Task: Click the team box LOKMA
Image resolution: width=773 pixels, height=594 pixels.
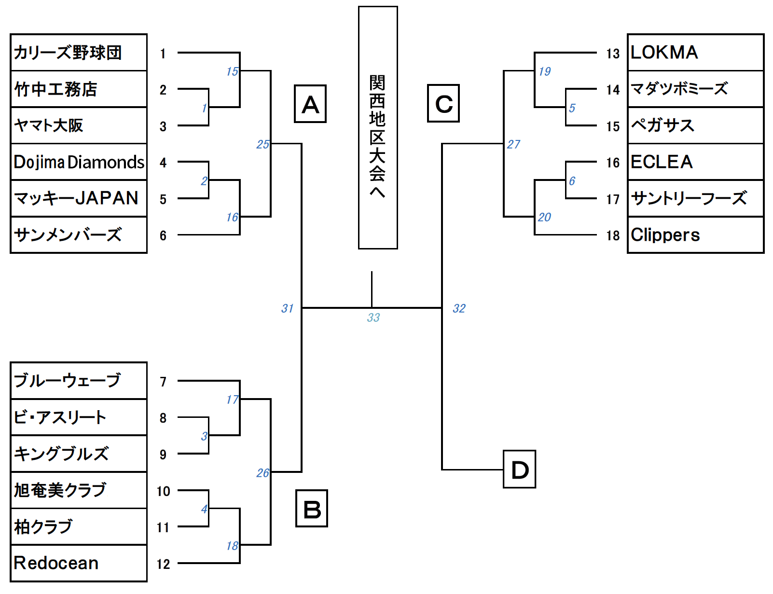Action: [x=695, y=53]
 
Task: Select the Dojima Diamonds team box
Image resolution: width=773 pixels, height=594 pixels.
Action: [x=79, y=162]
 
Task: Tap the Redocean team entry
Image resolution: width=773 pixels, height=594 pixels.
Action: [x=79, y=563]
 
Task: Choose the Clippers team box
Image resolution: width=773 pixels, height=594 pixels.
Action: [x=695, y=235]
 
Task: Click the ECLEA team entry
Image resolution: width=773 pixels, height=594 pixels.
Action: [x=695, y=162]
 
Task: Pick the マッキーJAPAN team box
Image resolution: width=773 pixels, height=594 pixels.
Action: [x=79, y=198]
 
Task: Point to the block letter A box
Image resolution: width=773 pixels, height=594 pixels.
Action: [x=310, y=104]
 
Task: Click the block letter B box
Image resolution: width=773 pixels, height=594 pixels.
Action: [x=312, y=509]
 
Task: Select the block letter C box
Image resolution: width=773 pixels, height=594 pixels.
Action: [x=443, y=103]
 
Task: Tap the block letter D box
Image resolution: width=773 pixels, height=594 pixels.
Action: [x=519, y=470]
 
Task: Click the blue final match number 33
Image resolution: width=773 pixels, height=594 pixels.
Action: [x=373, y=318]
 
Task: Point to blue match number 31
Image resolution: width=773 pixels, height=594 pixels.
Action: [x=288, y=308]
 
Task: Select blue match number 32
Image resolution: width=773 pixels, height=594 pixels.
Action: [x=459, y=308]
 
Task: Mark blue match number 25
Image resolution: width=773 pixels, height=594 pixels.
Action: [x=262, y=144]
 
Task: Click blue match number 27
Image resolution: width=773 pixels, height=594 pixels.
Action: [x=513, y=144]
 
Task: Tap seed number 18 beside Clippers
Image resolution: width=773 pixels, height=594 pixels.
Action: [x=613, y=235]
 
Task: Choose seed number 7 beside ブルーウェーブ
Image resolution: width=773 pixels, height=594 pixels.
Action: [x=163, y=382]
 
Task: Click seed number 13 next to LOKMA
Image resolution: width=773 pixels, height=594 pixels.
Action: [x=613, y=53]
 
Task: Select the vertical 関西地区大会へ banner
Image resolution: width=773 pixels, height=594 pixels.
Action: [x=378, y=128]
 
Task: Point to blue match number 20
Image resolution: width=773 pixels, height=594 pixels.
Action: [x=544, y=217]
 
